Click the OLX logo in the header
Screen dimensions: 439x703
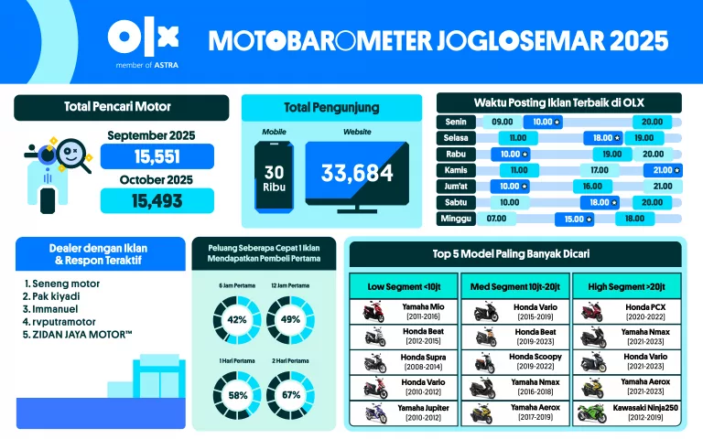tap(143, 37)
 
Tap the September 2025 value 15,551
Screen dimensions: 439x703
tap(157, 156)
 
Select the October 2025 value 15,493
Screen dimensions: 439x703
tap(157, 200)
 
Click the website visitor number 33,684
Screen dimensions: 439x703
tap(356, 173)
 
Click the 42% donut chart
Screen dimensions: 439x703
tap(238, 319)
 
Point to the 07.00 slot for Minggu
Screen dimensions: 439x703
tap(497, 219)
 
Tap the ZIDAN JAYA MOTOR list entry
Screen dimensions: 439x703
tap(83, 335)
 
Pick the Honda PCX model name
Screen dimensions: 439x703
tap(643, 306)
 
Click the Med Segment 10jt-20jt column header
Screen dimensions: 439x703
tap(515, 286)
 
